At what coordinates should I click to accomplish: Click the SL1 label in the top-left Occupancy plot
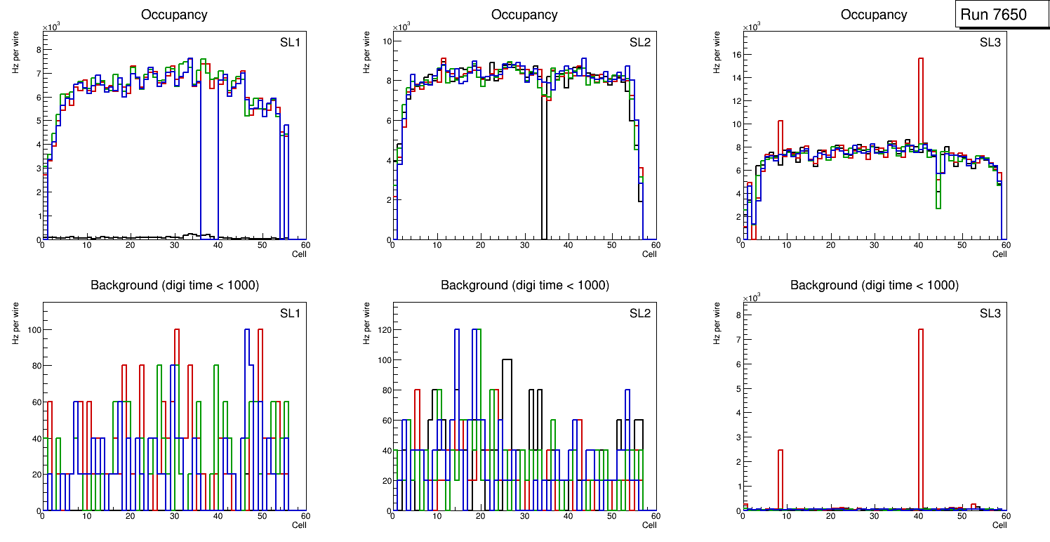point(290,43)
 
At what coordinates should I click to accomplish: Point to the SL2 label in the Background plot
point(639,313)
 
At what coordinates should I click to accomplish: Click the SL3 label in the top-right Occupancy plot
point(990,43)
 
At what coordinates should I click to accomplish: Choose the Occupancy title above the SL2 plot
point(524,15)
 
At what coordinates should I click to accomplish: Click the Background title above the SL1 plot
point(174,285)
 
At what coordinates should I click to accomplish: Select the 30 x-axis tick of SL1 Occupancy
point(174,245)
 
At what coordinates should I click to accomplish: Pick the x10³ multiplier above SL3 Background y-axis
point(752,298)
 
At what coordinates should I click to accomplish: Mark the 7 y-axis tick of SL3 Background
point(736,340)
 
